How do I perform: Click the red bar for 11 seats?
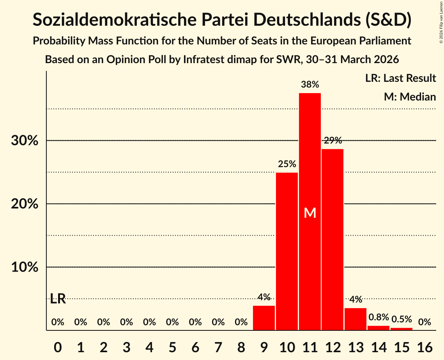tap(310, 164)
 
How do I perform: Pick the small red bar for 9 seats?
tap(264, 318)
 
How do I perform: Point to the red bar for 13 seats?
tap(356, 319)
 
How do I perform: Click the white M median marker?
tap(310, 213)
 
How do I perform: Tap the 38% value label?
tap(310, 84)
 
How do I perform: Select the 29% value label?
tap(333, 140)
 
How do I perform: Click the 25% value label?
tap(287, 164)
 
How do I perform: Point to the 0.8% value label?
tap(379, 318)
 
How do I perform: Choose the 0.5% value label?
tap(402, 319)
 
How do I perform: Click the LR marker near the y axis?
tap(58, 299)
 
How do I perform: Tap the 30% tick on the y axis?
tap(25, 141)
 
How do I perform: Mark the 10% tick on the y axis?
tap(25, 267)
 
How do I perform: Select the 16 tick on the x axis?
tap(425, 345)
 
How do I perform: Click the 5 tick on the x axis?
tap(172, 345)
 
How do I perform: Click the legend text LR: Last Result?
tap(400, 78)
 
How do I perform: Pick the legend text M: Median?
tap(410, 97)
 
